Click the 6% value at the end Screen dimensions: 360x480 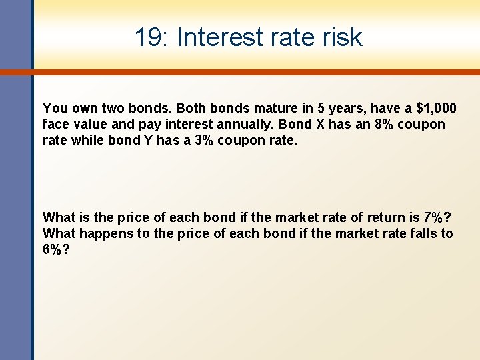click(x=54, y=249)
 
